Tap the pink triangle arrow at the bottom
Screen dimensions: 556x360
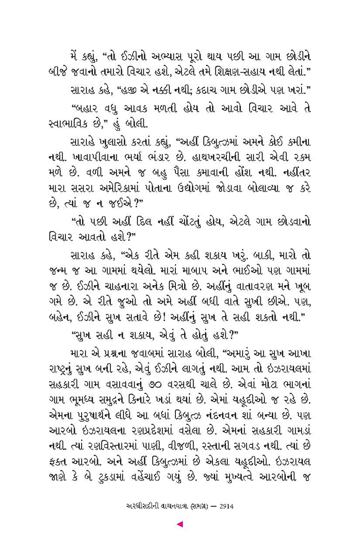click(180, 524)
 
